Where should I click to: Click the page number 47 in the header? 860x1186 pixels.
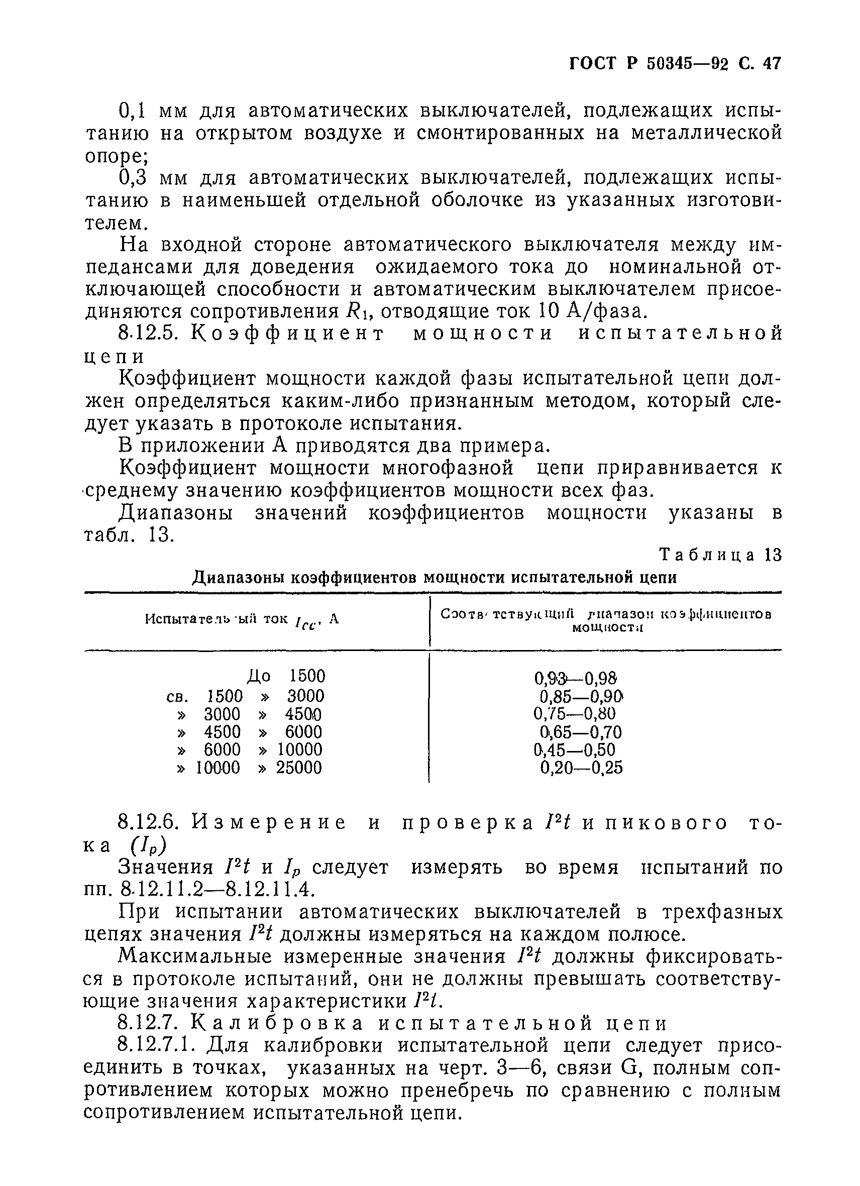tap(771, 64)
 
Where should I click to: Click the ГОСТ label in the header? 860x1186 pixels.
tap(593, 64)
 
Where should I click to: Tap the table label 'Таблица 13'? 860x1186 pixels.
tap(720, 555)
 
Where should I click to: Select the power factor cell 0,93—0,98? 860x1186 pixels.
tap(576, 679)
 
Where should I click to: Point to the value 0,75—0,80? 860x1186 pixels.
tap(575, 714)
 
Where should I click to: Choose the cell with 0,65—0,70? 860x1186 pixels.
tap(581, 732)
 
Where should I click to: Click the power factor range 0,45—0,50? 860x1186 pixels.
tap(575, 750)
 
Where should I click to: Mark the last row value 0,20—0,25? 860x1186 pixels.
tap(581, 768)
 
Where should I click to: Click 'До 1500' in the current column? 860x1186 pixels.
tap(286, 677)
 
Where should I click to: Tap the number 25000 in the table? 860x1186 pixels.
tap(299, 768)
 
